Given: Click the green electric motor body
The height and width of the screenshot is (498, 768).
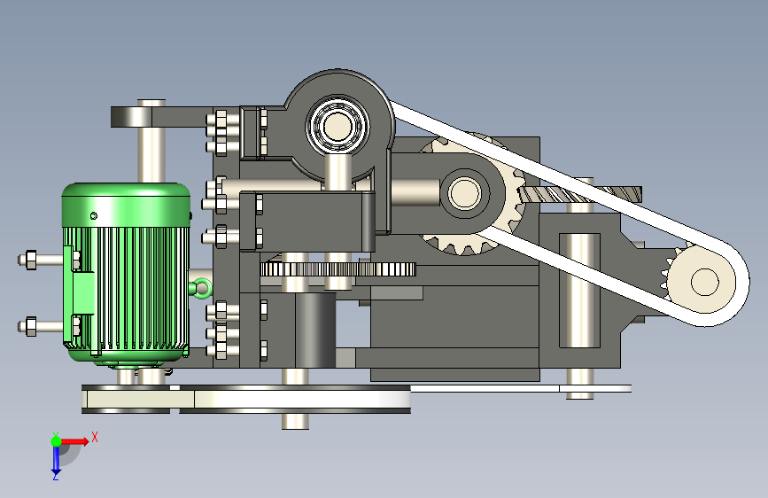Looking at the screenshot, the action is click(127, 272).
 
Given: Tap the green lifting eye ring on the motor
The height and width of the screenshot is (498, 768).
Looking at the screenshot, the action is click(202, 288).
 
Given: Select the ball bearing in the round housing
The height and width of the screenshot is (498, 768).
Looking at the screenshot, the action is click(338, 126).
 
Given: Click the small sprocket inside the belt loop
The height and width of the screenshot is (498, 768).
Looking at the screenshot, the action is click(700, 282).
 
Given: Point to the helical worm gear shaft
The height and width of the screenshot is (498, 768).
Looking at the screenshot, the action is click(580, 195).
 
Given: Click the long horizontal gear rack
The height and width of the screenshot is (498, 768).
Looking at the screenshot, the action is click(338, 269).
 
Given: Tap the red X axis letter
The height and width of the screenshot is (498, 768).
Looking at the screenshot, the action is click(95, 437).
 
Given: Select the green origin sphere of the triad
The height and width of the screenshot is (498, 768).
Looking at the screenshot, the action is click(57, 441).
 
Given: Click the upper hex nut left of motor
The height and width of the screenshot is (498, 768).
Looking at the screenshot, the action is click(30, 260).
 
